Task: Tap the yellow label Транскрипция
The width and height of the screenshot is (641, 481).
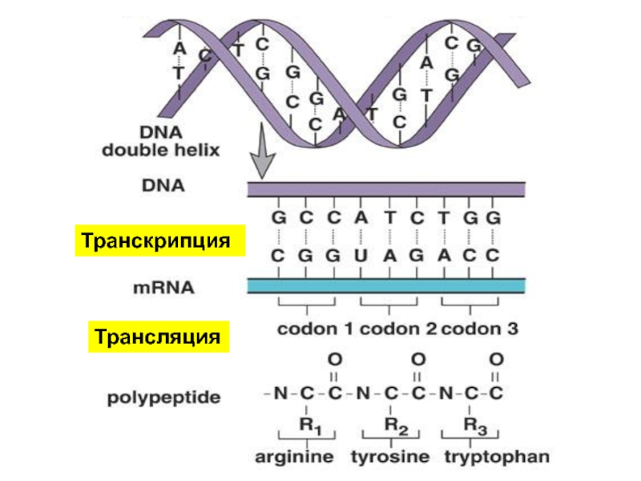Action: point(159,240)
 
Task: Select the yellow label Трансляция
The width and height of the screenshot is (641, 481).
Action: point(159,337)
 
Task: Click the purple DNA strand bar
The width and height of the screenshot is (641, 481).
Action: point(386,189)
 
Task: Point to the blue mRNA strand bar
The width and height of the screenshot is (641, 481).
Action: point(386,286)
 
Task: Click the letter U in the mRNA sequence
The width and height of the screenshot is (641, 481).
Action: point(361,256)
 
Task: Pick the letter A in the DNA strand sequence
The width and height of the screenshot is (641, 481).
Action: point(361,217)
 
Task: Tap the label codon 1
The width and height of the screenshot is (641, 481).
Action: point(315,329)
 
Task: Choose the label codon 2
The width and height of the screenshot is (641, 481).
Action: point(397,329)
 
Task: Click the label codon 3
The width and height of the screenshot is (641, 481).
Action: point(479,329)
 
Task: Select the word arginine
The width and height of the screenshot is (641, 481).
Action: point(294,456)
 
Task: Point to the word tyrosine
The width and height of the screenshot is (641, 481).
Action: point(390,456)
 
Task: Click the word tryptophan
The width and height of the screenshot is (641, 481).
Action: point(497,456)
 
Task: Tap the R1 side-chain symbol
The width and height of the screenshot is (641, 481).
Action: point(311,426)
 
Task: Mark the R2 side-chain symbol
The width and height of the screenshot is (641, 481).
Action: point(396,426)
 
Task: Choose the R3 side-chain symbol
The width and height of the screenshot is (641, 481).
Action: point(475,426)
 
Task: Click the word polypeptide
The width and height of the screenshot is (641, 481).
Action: point(163,398)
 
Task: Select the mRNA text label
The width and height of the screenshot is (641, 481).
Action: point(163,288)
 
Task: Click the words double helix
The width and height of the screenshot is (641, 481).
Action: point(161,150)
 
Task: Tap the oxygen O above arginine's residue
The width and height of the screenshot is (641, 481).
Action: point(335,359)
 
